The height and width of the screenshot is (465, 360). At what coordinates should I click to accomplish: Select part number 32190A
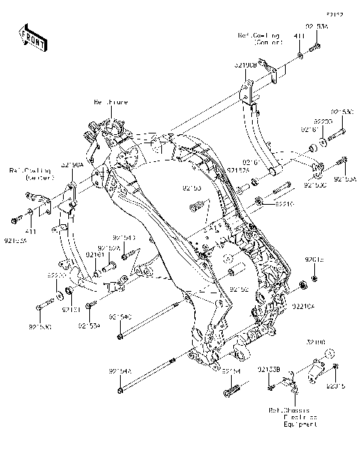coord(72,164)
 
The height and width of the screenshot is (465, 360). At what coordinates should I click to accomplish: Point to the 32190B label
coord(244,65)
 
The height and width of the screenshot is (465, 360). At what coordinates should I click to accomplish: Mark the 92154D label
coord(124,238)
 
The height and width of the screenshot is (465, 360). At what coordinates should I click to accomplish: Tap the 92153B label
coord(268,368)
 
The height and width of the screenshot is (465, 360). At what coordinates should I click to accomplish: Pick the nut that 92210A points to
coord(302,285)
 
